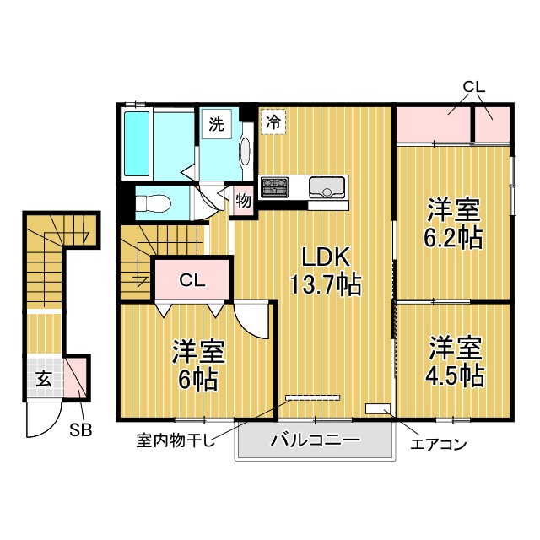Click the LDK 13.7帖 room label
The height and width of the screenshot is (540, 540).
click(326, 271)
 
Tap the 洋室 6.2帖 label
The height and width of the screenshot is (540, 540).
click(453, 223)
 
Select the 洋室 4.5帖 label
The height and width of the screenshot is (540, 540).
click(455, 361)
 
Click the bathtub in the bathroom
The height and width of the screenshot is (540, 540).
click(137, 143)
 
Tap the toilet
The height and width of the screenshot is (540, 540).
click(154, 204)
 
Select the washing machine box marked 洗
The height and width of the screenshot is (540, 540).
click(217, 124)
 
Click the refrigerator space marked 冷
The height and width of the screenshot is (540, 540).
click(273, 121)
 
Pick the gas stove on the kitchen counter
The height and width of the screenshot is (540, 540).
click(274, 187)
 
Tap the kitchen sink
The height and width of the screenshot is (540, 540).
click(327, 187)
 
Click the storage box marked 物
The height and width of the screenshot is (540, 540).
click(244, 201)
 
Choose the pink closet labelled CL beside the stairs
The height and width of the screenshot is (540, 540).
click(192, 279)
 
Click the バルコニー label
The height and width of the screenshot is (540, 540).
click(315, 440)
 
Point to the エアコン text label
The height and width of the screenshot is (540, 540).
click(439, 445)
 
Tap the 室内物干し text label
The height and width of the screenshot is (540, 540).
click(175, 440)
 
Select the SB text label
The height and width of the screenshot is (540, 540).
click(81, 429)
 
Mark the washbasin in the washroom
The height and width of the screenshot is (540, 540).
click(245, 152)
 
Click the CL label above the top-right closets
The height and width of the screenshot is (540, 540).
click(473, 87)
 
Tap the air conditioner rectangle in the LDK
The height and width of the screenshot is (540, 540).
click(378, 408)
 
